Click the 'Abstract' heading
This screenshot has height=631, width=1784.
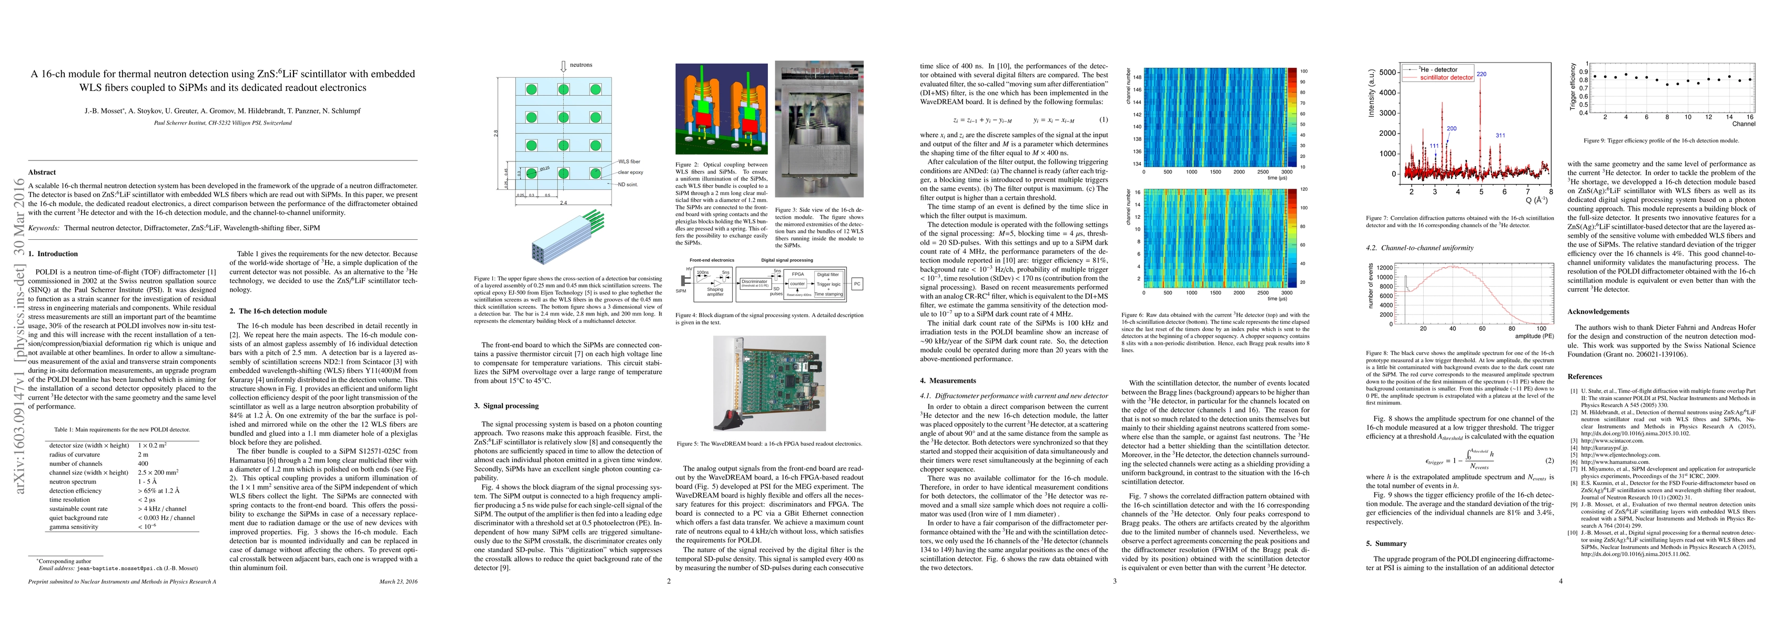[42, 172]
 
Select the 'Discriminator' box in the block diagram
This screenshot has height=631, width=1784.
[754, 282]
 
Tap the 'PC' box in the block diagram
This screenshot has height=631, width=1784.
[857, 283]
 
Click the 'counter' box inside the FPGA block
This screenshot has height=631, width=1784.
[798, 283]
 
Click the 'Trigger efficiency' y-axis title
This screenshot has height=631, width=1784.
[1572, 87]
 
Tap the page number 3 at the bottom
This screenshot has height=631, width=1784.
[1114, 581]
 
